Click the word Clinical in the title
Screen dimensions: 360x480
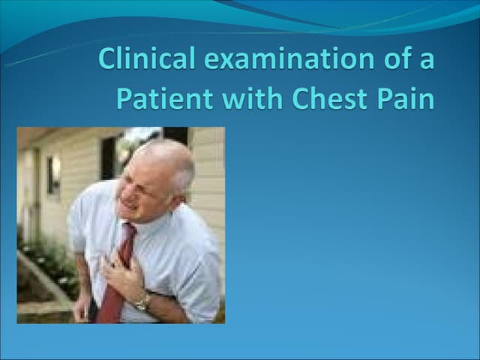pos(141,59)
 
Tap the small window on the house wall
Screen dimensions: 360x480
pos(53,175)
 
